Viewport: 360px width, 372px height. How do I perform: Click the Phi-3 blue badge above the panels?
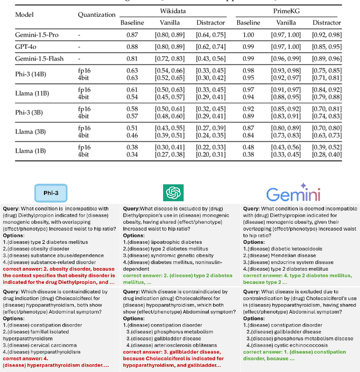click(51, 192)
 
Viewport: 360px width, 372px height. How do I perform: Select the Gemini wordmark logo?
click(293, 193)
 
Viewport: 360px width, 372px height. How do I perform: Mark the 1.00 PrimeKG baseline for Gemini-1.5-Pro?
click(247, 35)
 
